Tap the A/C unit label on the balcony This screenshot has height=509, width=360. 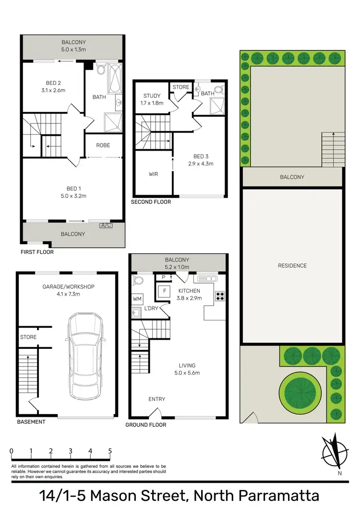click(x=106, y=225)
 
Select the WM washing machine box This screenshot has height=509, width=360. click(x=138, y=299)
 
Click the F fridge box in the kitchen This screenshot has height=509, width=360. click(x=165, y=291)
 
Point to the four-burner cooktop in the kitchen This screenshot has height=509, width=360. click(x=220, y=296)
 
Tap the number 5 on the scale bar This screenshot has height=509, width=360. click(x=110, y=451)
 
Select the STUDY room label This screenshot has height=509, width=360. click(x=152, y=96)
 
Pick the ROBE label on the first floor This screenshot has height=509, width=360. click(x=103, y=145)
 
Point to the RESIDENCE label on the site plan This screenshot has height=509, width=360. click(x=292, y=266)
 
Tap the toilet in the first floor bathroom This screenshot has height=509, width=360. click(x=101, y=71)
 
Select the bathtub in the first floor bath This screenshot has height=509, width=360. click(x=115, y=78)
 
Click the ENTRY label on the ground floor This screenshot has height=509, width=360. click(x=157, y=399)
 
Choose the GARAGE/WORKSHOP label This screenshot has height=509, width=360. click(x=68, y=287)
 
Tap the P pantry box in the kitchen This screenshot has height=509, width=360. click(x=163, y=277)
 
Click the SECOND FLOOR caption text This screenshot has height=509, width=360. click(x=151, y=202)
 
